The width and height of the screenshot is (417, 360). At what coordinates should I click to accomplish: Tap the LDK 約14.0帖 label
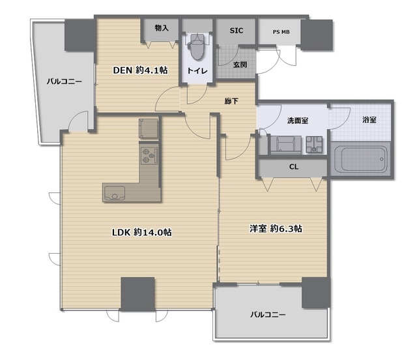141,232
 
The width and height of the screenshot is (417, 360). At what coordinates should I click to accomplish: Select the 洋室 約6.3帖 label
276,228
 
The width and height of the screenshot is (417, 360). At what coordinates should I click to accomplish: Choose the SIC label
237,30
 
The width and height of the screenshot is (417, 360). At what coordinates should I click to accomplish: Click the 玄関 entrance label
239,64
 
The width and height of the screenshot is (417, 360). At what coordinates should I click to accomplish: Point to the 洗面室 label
297,120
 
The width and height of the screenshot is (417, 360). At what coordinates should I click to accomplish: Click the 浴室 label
369,120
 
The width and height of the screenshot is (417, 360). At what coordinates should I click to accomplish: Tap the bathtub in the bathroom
360,159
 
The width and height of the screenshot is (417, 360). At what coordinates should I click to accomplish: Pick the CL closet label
294,167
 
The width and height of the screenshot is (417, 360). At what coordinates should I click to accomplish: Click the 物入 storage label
162,29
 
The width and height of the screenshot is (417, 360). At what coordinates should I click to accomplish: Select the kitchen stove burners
149,155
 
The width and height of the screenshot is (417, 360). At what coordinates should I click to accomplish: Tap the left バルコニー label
64,82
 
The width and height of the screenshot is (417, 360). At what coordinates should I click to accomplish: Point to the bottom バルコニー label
268,315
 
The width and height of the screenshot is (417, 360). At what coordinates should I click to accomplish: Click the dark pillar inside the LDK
137,293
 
